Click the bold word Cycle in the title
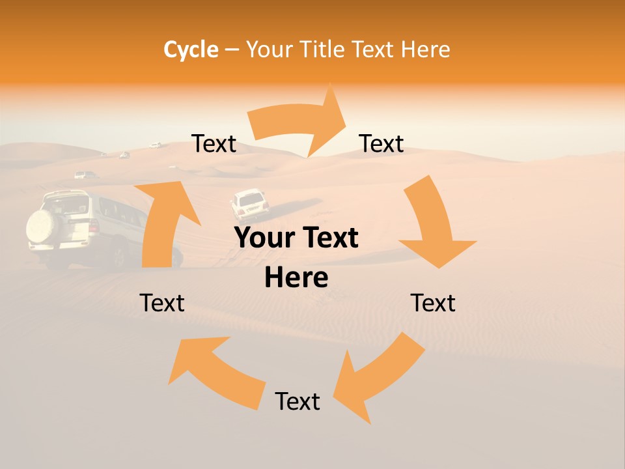coord(191,50)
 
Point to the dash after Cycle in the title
coord(231,50)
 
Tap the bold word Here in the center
coord(296,278)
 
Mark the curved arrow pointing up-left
coord(215,371)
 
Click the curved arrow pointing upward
coord(163,221)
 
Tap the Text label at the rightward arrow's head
coord(382,143)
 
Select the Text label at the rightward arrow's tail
coord(214,143)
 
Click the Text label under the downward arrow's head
coord(433,303)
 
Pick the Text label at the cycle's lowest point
coord(298,401)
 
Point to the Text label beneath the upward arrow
coord(162,303)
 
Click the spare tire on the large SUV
coord(43,226)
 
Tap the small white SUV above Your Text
coord(249,205)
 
